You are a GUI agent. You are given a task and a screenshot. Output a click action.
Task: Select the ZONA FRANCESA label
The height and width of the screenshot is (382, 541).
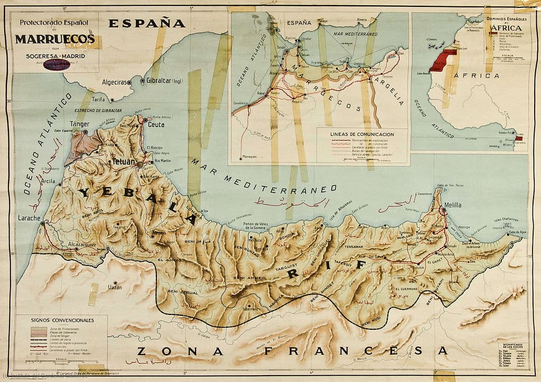pyautogui.click(x=292, y=350)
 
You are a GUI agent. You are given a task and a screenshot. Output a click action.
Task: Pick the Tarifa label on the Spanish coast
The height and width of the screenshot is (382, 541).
pyautogui.click(x=99, y=99)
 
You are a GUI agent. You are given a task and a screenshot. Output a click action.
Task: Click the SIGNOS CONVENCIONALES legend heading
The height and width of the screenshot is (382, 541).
pyautogui.click(x=62, y=320)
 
